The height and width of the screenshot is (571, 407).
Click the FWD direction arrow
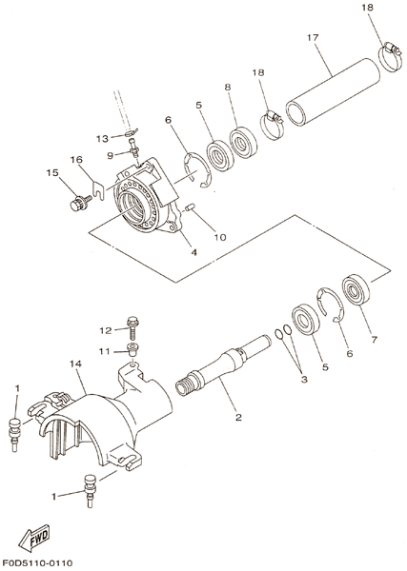tap(34, 537)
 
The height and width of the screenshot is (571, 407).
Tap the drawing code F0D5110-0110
tap(37, 563)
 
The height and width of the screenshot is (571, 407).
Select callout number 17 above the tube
tap(313, 37)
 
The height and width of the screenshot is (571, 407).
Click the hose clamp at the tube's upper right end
tap(390, 56)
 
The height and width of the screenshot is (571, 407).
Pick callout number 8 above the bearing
tap(228, 87)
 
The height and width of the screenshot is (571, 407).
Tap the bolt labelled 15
tap(80, 202)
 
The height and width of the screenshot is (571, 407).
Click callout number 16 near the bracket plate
tap(76, 160)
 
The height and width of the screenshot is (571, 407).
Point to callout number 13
tap(103, 138)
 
